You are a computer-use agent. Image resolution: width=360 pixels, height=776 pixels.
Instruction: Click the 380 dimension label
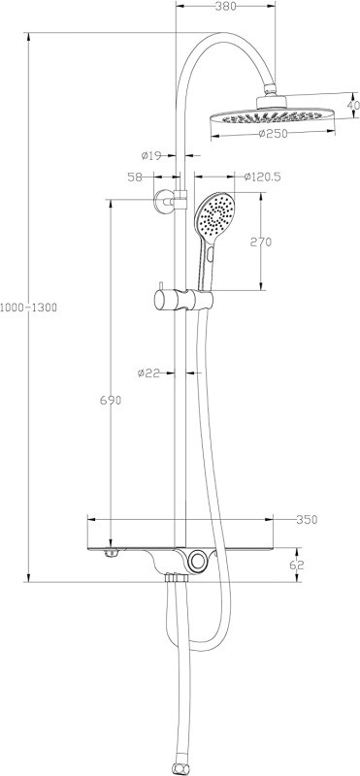225,6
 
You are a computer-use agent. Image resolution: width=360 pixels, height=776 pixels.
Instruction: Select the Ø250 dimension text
273,134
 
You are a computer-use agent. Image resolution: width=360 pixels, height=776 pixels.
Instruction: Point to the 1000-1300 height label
29,307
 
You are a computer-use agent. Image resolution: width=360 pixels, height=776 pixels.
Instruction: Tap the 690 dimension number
111,401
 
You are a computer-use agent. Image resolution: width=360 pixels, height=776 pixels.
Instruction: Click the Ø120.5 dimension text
263,177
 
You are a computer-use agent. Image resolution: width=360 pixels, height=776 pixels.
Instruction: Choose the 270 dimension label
260,242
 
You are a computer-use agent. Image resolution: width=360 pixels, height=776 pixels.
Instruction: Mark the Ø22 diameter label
149,373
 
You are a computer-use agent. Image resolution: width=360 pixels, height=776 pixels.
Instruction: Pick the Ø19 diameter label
151,156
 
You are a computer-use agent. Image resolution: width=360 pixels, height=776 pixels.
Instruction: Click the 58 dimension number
135,178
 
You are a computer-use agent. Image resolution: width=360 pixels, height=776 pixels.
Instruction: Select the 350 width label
307,520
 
